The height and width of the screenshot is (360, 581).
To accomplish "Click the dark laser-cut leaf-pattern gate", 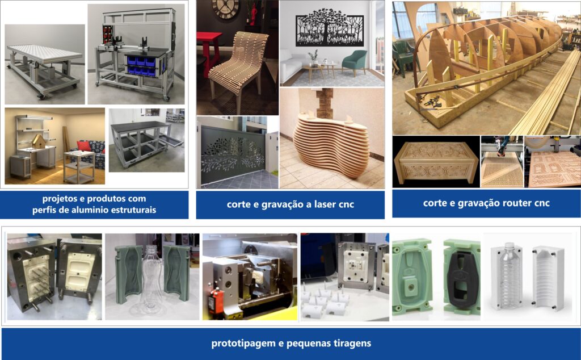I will tap(233, 153).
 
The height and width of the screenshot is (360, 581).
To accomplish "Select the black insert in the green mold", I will tap(461, 273).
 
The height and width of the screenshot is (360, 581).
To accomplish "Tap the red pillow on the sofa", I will tap(84, 146).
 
